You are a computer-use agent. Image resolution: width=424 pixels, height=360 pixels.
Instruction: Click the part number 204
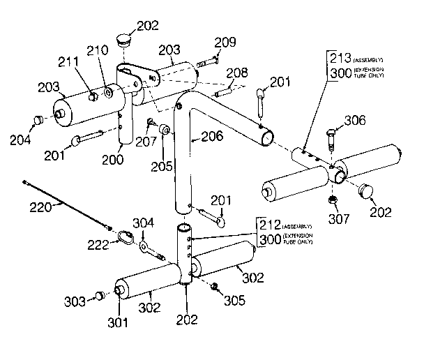[x=20, y=140]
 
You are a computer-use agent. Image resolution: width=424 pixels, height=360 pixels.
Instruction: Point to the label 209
[x=225, y=43]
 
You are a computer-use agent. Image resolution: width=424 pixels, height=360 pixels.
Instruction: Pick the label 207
[x=145, y=140]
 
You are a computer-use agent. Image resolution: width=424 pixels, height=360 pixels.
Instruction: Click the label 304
[x=143, y=223]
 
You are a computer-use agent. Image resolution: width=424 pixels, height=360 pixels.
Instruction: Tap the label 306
[x=354, y=121]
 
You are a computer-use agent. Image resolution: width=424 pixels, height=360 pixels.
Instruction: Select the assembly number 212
[x=269, y=225]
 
